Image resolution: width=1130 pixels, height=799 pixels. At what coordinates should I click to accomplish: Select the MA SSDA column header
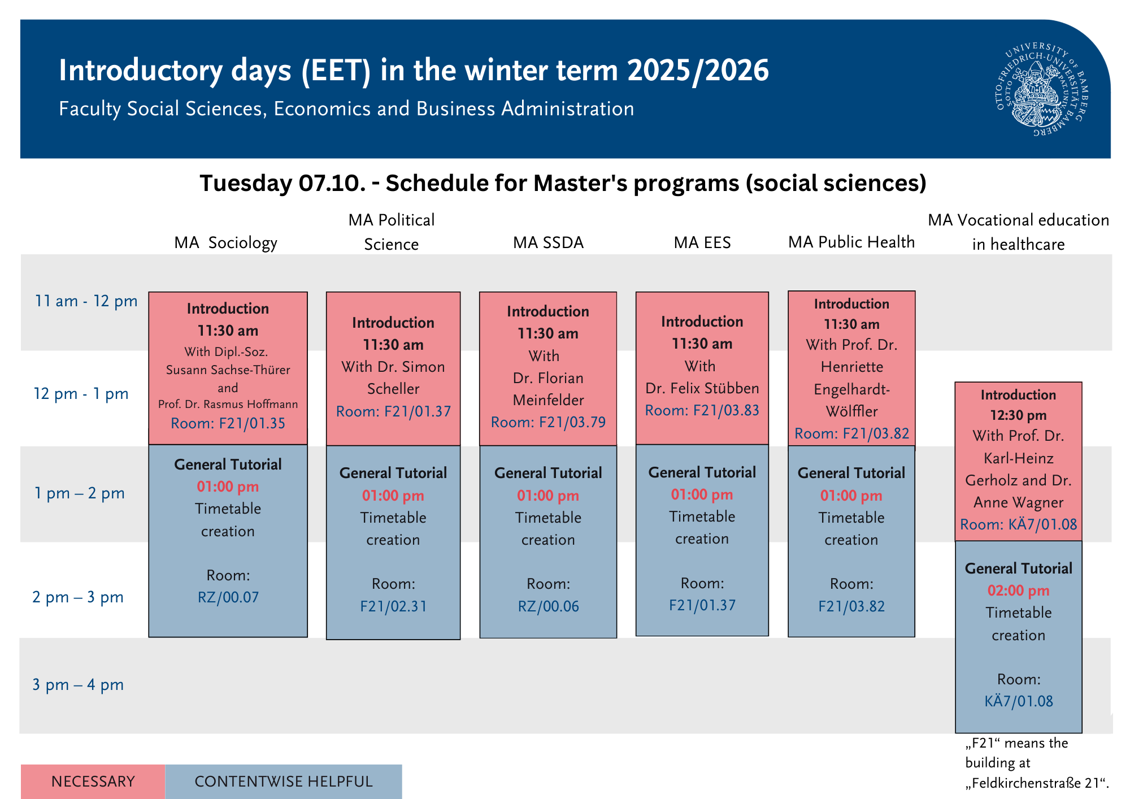548,242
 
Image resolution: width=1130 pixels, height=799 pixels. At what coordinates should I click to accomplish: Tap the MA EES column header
702,242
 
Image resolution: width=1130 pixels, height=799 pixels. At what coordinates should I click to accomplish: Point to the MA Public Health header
851,242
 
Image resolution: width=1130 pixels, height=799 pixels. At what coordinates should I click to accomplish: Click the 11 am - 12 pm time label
86,301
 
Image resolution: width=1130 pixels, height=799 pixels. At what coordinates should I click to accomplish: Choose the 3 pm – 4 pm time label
78,685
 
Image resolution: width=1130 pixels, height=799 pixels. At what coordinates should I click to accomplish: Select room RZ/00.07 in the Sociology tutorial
228,597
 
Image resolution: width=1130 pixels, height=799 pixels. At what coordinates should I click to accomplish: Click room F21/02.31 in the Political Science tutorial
393,606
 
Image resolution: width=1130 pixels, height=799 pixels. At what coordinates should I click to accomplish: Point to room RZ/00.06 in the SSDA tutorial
549,606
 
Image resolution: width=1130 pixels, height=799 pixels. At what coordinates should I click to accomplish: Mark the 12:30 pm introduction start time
1018,415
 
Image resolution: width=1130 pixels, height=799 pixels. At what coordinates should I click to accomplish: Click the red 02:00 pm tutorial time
1018,590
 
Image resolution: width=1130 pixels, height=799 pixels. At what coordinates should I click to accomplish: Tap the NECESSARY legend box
93,781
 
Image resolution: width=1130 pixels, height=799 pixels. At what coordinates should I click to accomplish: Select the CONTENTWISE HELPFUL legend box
284,781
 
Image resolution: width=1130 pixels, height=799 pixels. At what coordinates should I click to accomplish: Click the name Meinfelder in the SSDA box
548,400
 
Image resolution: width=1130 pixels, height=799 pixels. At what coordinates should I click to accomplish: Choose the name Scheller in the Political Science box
393,389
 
